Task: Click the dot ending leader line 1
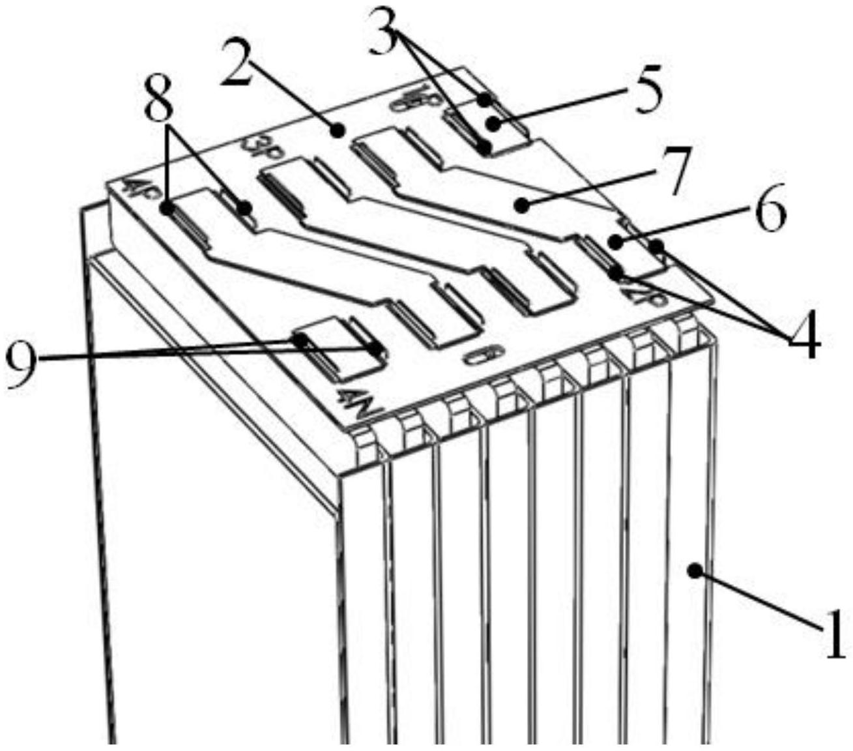click(695, 571)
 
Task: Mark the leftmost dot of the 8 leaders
click(166, 209)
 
